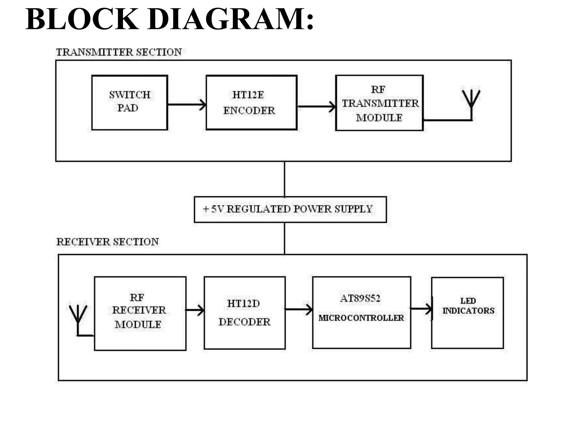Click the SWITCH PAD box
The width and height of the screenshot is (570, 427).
[x=129, y=102]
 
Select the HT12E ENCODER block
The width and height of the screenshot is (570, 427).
[x=251, y=102]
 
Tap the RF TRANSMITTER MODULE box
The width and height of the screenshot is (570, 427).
[x=379, y=103]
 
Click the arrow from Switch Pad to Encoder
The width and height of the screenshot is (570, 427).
[x=186, y=105]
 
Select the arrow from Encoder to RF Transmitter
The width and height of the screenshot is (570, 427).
[x=316, y=106]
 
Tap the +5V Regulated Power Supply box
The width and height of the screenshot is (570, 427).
[x=290, y=209]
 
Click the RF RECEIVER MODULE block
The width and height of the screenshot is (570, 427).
[x=140, y=313]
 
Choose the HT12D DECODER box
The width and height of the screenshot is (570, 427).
[x=244, y=313]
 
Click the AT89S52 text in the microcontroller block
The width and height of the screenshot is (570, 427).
[x=360, y=298]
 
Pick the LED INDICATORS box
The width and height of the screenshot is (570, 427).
[x=468, y=313]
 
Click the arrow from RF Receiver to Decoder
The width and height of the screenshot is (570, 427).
[x=195, y=310]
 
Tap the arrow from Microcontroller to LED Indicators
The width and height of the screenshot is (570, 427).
[x=421, y=309]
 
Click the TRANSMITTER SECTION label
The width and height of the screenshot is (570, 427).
[x=119, y=52]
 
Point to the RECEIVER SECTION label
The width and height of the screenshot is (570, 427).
[x=107, y=242]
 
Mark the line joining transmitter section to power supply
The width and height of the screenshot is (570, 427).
[x=284, y=179]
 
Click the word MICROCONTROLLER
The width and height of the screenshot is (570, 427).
[x=361, y=318]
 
